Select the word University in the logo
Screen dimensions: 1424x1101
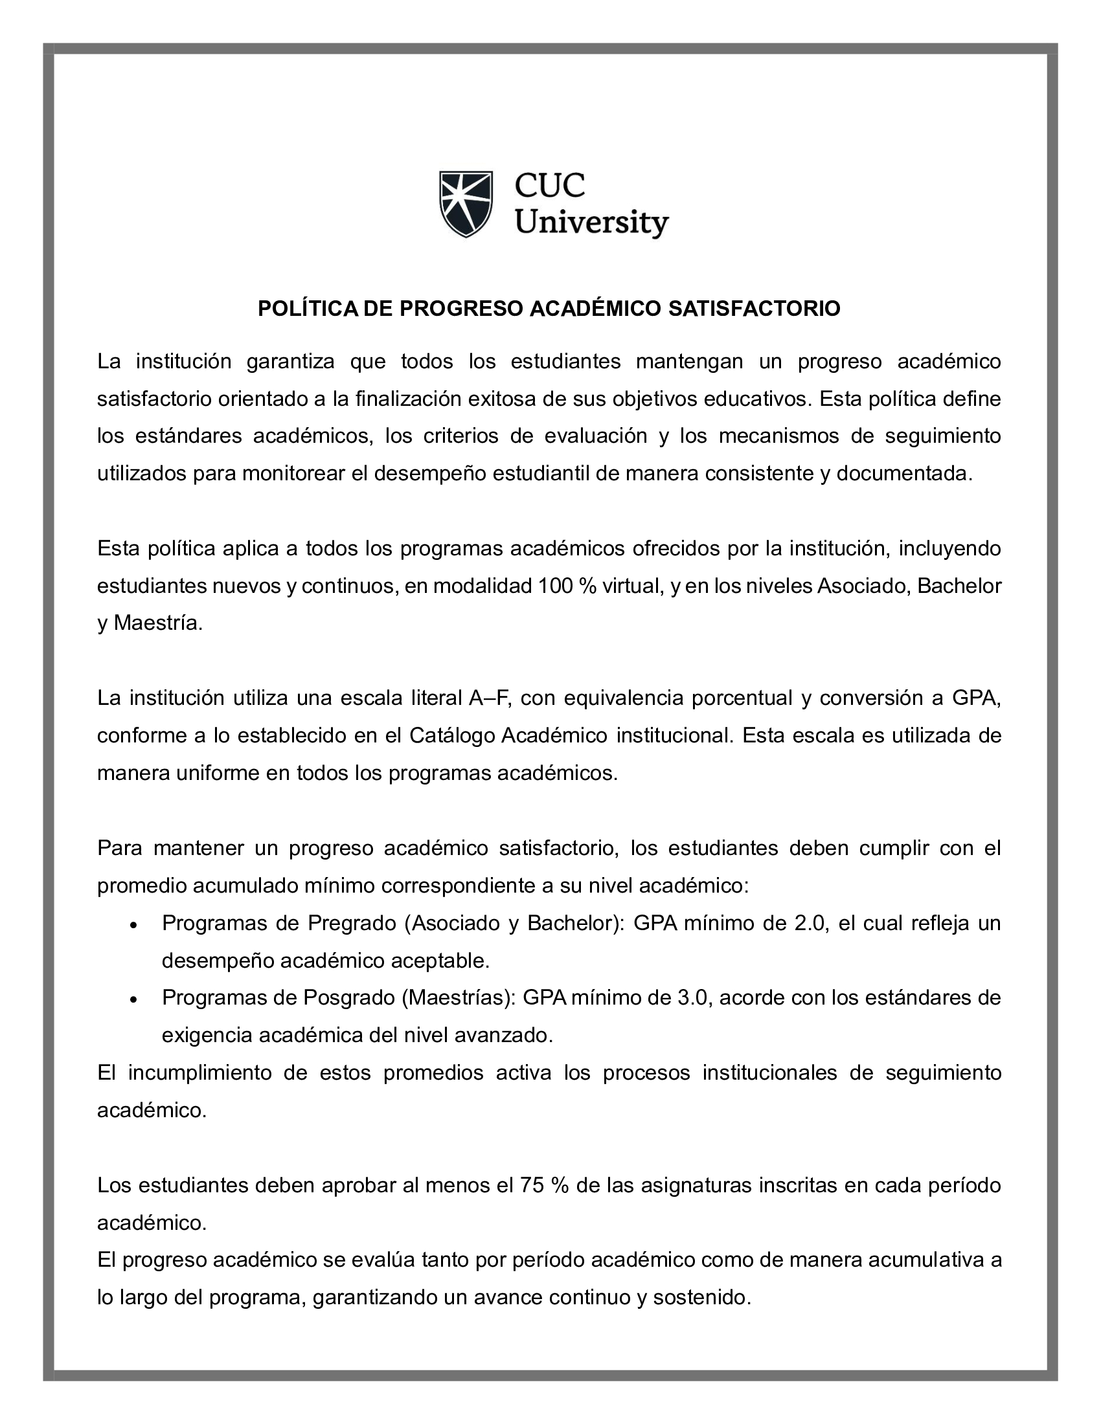pos(591,223)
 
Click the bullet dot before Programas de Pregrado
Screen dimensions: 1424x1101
pos(133,925)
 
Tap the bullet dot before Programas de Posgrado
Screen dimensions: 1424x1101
pos(133,999)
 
